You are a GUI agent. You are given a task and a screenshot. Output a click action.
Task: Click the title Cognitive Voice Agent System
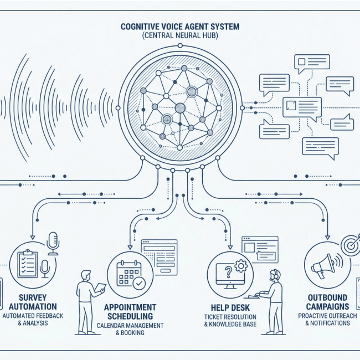point(180,25)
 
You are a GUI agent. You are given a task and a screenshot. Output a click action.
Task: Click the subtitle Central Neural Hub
point(180,35)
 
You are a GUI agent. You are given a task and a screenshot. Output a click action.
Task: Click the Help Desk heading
point(230,307)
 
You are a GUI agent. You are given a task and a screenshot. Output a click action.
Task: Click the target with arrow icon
point(351,244)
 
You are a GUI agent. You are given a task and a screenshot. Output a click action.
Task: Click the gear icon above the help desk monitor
point(241,266)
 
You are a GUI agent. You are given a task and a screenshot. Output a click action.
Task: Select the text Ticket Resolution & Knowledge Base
point(230,320)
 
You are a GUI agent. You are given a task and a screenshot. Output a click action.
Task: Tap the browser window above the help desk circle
point(259,249)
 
